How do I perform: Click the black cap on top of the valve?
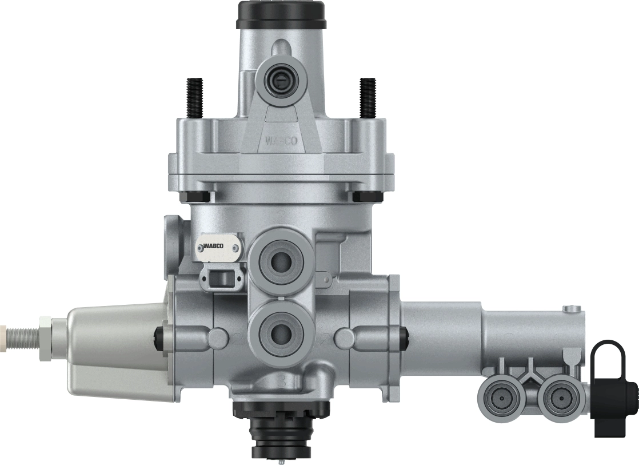[280, 15]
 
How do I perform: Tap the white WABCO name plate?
[220, 247]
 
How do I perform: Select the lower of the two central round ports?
[280, 330]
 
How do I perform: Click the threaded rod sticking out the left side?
[20, 331]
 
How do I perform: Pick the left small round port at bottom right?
[497, 396]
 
